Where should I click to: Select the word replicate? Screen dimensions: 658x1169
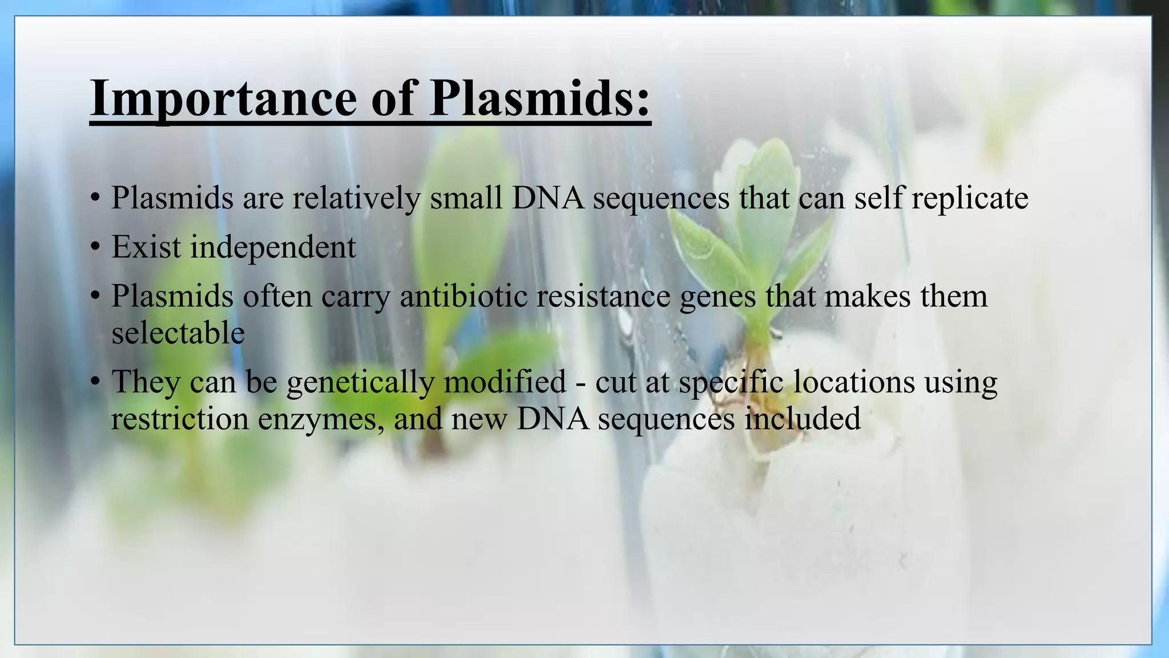970,198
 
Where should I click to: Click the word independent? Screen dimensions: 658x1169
273,247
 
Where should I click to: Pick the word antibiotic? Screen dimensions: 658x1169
463,296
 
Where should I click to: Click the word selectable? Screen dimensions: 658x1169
178,333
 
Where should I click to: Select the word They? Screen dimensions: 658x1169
146,382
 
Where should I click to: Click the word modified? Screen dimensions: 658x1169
505,382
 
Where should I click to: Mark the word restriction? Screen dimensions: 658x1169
180,419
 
